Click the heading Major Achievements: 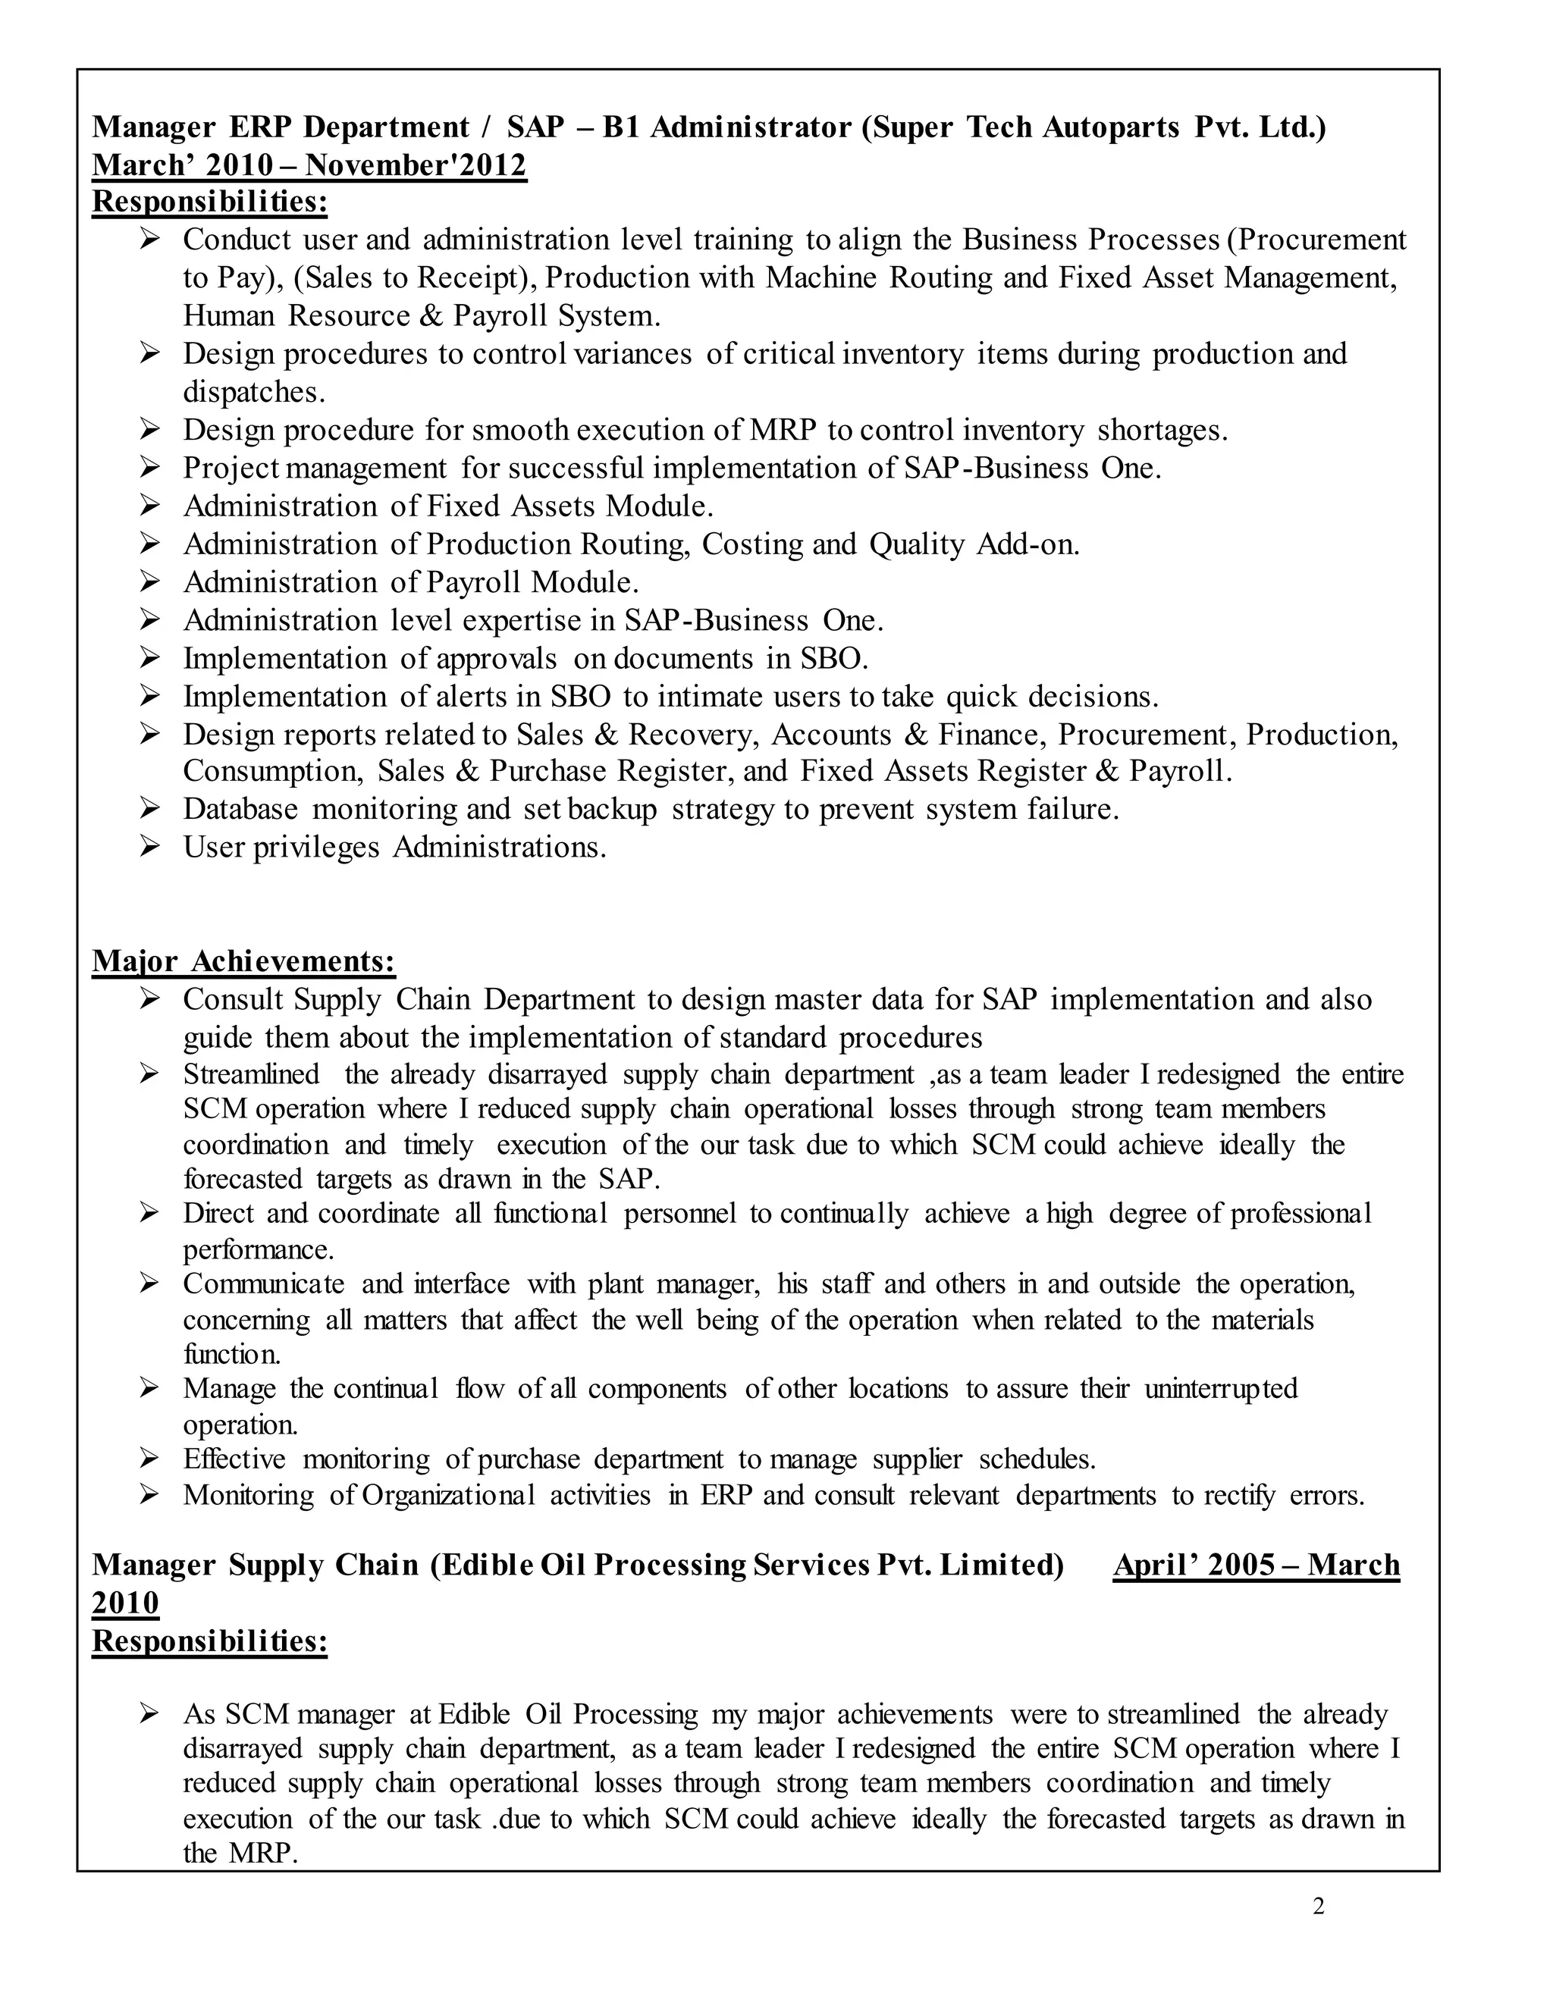point(244,961)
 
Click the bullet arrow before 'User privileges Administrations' point(150,846)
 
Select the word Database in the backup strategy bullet point(240,809)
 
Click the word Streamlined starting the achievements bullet point(251,1074)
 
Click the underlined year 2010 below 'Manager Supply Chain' point(126,1603)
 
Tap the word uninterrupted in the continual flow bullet point(1221,1388)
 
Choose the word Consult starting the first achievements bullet point(234,999)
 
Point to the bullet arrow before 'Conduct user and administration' point(150,239)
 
